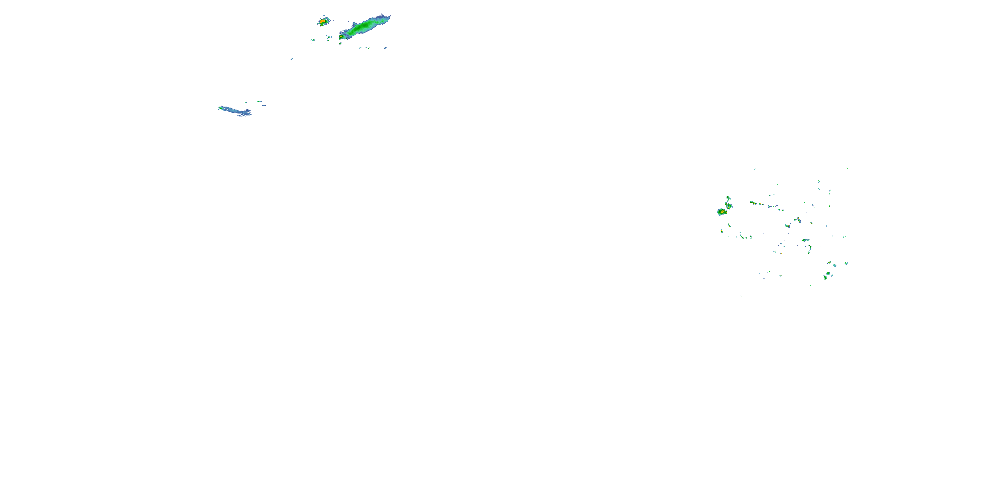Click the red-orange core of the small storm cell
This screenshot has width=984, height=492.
323,21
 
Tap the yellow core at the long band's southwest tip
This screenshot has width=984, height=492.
341,37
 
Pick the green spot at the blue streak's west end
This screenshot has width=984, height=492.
220,108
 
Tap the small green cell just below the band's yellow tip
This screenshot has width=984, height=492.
340,44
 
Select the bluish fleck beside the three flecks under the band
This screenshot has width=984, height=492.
385,48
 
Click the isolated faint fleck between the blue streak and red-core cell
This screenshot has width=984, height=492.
292,59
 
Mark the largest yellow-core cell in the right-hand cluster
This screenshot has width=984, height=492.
722,212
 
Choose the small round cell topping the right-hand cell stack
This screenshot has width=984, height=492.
728,198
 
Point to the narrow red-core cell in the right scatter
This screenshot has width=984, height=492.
798,220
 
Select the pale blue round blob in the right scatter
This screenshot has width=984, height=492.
834,265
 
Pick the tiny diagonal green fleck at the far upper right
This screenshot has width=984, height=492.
847,168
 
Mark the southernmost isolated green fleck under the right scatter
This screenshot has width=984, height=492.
741,295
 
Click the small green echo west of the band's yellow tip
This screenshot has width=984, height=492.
329,37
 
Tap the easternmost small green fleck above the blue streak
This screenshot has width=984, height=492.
260,102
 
